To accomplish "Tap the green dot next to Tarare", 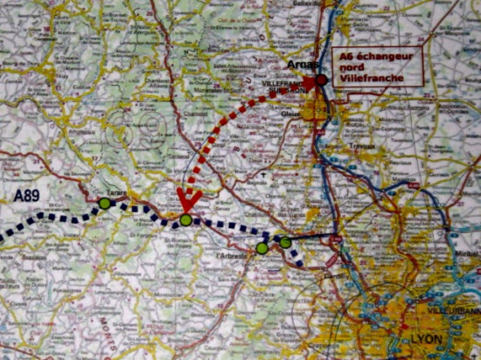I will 105,204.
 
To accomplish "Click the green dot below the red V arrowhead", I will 185,220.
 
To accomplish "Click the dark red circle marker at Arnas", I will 322,80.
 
